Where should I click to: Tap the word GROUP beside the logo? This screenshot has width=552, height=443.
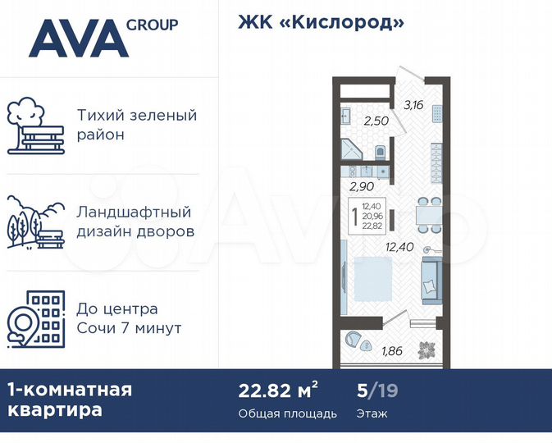point(152,25)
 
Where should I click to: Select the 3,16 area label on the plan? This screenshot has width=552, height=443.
point(413,104)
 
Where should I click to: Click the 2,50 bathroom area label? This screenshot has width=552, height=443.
point(376,121)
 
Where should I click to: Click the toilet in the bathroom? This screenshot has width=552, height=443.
point(381,152)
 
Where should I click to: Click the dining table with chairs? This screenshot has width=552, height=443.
point(422,213)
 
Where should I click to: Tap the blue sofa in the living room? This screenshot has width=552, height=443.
point(431,276)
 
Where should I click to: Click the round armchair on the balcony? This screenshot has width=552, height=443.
point(354,339)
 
